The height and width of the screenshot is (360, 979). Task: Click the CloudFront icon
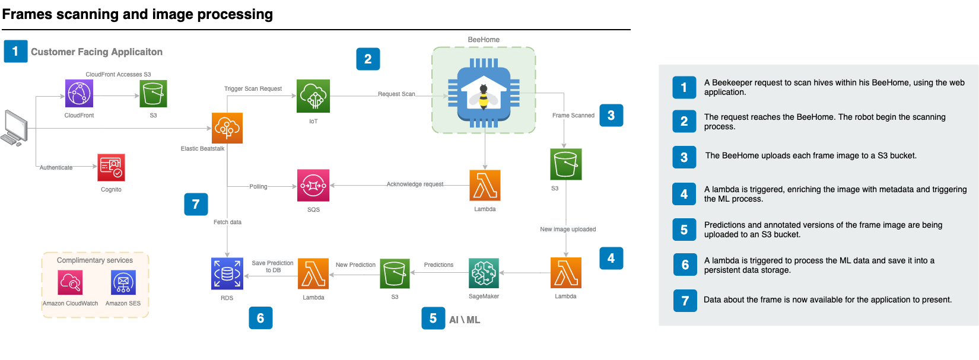[x=79, y=94]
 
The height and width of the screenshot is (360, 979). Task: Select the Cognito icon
[x=111, y=167]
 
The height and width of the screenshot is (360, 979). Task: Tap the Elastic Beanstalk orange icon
[x=227, y=128]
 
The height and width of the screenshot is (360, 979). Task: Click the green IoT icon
[x=313, y=96]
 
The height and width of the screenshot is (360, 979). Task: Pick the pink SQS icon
[x=313, y=186]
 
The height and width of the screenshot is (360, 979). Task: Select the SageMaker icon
[x=484, y=273]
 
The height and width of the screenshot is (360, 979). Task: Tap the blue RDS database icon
[x=227, y=273]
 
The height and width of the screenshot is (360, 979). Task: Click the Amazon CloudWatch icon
[x=70, y=283]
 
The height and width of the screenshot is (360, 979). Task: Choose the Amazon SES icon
[x=123, y=283]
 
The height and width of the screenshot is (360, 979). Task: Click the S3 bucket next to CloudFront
[x=154, y=94]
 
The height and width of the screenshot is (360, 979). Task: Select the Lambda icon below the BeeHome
[x=485, y=185]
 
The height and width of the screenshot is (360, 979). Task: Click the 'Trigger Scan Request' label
[x=253, y=89]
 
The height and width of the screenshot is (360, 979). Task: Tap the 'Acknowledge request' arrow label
[x=415, y=184]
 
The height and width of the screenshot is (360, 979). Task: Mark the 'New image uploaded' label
[x=568, y=230]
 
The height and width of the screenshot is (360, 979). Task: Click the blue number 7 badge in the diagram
[x=196, y=204]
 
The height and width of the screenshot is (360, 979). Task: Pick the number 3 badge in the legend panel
[x=684, y=157]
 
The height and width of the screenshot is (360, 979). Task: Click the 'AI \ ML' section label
[x=465, y=320]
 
